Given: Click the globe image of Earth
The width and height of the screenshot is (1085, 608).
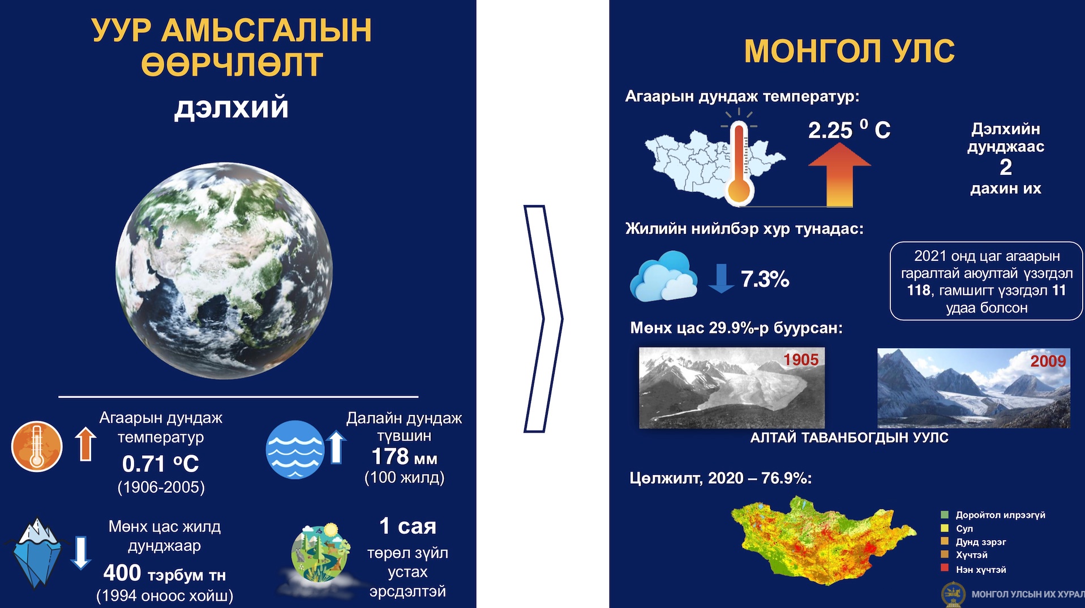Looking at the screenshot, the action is coord(224,271).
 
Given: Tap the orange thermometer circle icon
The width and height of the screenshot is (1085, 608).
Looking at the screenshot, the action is coord(37,447).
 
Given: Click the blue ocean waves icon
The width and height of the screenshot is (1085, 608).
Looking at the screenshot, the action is coord(295,449).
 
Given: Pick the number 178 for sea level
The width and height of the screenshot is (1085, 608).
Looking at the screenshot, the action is coord(390,456).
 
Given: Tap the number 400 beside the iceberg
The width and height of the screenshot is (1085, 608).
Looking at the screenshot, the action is coord(122,573).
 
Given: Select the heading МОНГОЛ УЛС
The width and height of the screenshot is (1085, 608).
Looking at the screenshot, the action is coord(849,51).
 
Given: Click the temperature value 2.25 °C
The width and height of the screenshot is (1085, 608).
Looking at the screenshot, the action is coord(849,130).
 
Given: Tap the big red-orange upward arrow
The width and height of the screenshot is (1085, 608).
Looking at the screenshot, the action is coord(839,174).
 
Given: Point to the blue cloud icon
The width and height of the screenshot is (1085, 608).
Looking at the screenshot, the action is coord(663,276).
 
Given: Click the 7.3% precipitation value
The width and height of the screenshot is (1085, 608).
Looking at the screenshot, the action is coord(765,279).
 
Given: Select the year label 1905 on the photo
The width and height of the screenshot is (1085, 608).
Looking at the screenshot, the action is coord(801,359).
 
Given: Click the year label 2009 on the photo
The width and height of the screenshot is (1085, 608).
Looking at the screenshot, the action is coord(1048,361).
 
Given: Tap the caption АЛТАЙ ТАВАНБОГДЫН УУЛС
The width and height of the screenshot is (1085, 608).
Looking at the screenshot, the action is coord(849,438).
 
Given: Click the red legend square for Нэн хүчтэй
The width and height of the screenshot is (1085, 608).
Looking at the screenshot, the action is coord(945,568).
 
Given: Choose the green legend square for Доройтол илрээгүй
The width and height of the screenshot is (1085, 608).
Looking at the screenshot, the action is coord(945,515).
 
